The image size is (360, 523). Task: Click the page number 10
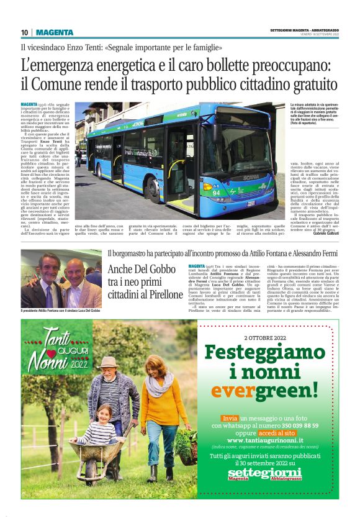coord(24,32)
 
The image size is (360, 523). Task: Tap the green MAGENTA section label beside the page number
coord(55,32)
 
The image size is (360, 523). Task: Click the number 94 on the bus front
coord(217,192)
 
